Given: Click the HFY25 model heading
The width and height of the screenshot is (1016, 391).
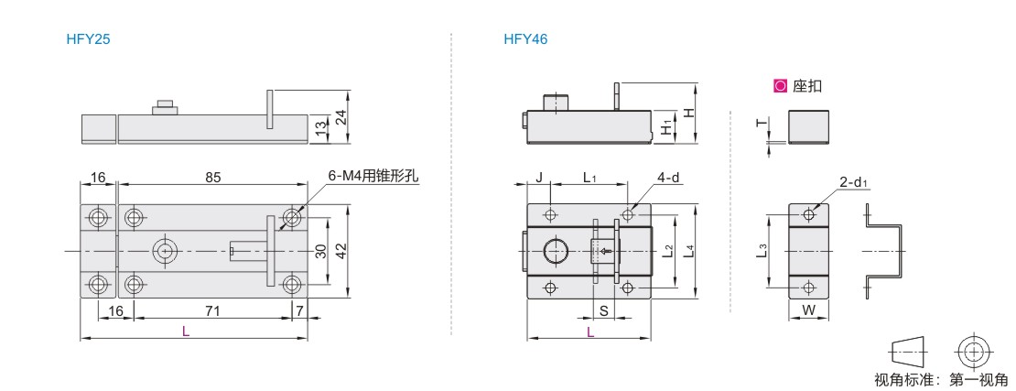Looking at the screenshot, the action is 88,38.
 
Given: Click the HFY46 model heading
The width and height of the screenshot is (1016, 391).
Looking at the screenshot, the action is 525,38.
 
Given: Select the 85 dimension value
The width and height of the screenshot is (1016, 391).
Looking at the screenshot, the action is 213,177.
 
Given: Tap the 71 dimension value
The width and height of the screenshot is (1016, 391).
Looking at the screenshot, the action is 212,311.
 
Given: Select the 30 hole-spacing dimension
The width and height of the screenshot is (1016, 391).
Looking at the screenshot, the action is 320,250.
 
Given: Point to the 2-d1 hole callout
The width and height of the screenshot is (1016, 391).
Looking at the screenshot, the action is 853,183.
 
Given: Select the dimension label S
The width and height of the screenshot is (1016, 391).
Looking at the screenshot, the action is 603,311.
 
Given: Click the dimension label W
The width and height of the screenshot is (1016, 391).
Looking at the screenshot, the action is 808,310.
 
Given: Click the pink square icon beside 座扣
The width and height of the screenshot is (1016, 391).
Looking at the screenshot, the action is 780,85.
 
